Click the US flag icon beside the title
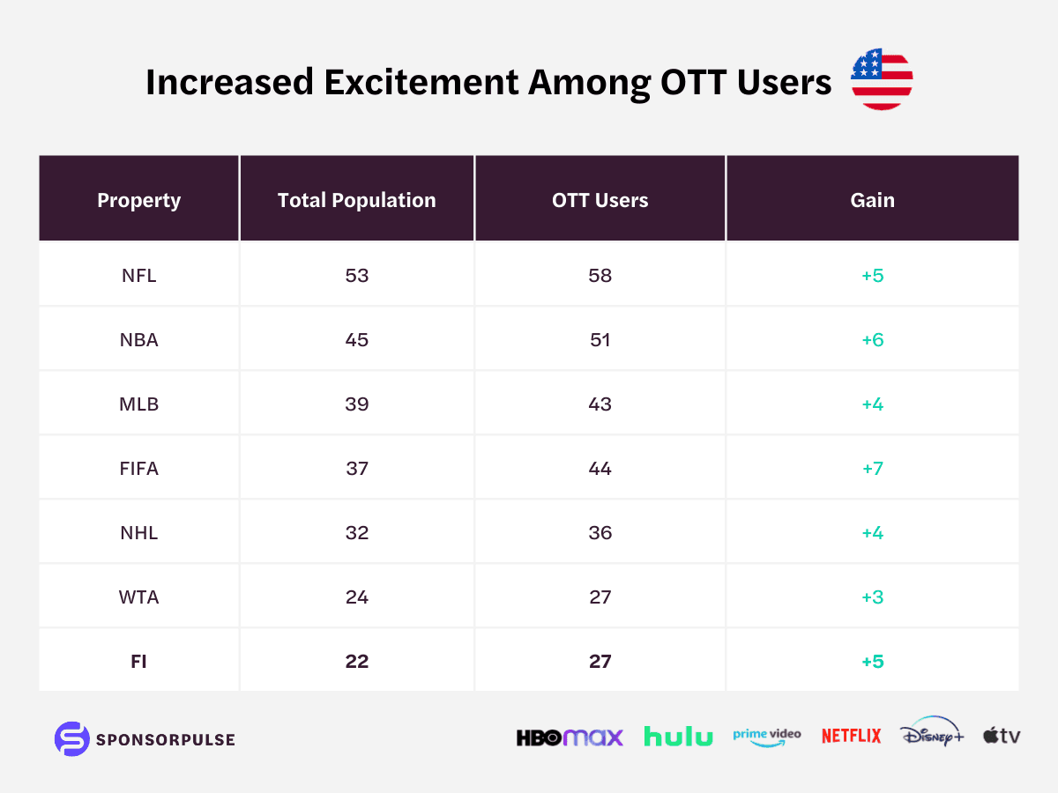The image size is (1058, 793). [881, 80]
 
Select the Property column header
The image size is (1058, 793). [138, 200]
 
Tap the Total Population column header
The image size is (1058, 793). [357, 200]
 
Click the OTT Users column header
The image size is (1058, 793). [600, 200]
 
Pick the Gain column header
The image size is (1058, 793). [873, 200]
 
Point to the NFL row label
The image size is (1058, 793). [138, 276]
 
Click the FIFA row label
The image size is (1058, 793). [138, 469]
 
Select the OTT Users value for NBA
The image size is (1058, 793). [600, 340]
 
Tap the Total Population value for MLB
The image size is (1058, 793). [357, 404]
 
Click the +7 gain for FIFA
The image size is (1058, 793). [873, 469]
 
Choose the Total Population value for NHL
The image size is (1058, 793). [357, 533]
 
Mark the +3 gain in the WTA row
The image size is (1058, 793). [873, 597]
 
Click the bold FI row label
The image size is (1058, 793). [138, 662]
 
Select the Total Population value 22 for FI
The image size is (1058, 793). [357, 662]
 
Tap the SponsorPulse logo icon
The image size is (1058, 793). [71, 738]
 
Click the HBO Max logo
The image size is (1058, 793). [570, 737]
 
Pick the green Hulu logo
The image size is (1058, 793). [678, 737]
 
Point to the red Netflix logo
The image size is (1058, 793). [851, 736]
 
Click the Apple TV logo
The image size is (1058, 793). [1002, 736]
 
